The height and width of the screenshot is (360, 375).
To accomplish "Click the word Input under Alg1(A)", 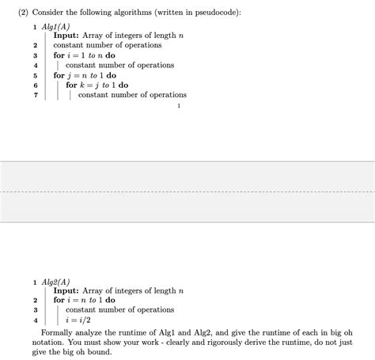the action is coord(66,36).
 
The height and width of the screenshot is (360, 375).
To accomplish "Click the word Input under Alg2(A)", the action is coord(66,290).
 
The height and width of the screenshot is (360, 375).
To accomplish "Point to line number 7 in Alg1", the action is coord(36,95).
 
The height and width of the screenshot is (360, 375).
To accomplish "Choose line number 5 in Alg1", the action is coord(36,75).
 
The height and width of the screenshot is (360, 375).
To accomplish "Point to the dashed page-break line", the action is coord(187,191).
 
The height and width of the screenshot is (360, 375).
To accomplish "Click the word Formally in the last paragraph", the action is coord(58,332).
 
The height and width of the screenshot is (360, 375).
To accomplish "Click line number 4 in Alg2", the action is coord(36,320).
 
